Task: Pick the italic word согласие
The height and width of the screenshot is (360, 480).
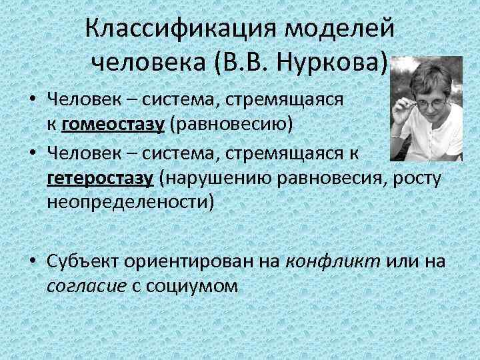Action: tap(87, 285)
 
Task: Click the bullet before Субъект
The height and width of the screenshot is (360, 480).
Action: tap(33, 261)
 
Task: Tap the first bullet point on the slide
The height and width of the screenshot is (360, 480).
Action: tap(33, 101)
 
